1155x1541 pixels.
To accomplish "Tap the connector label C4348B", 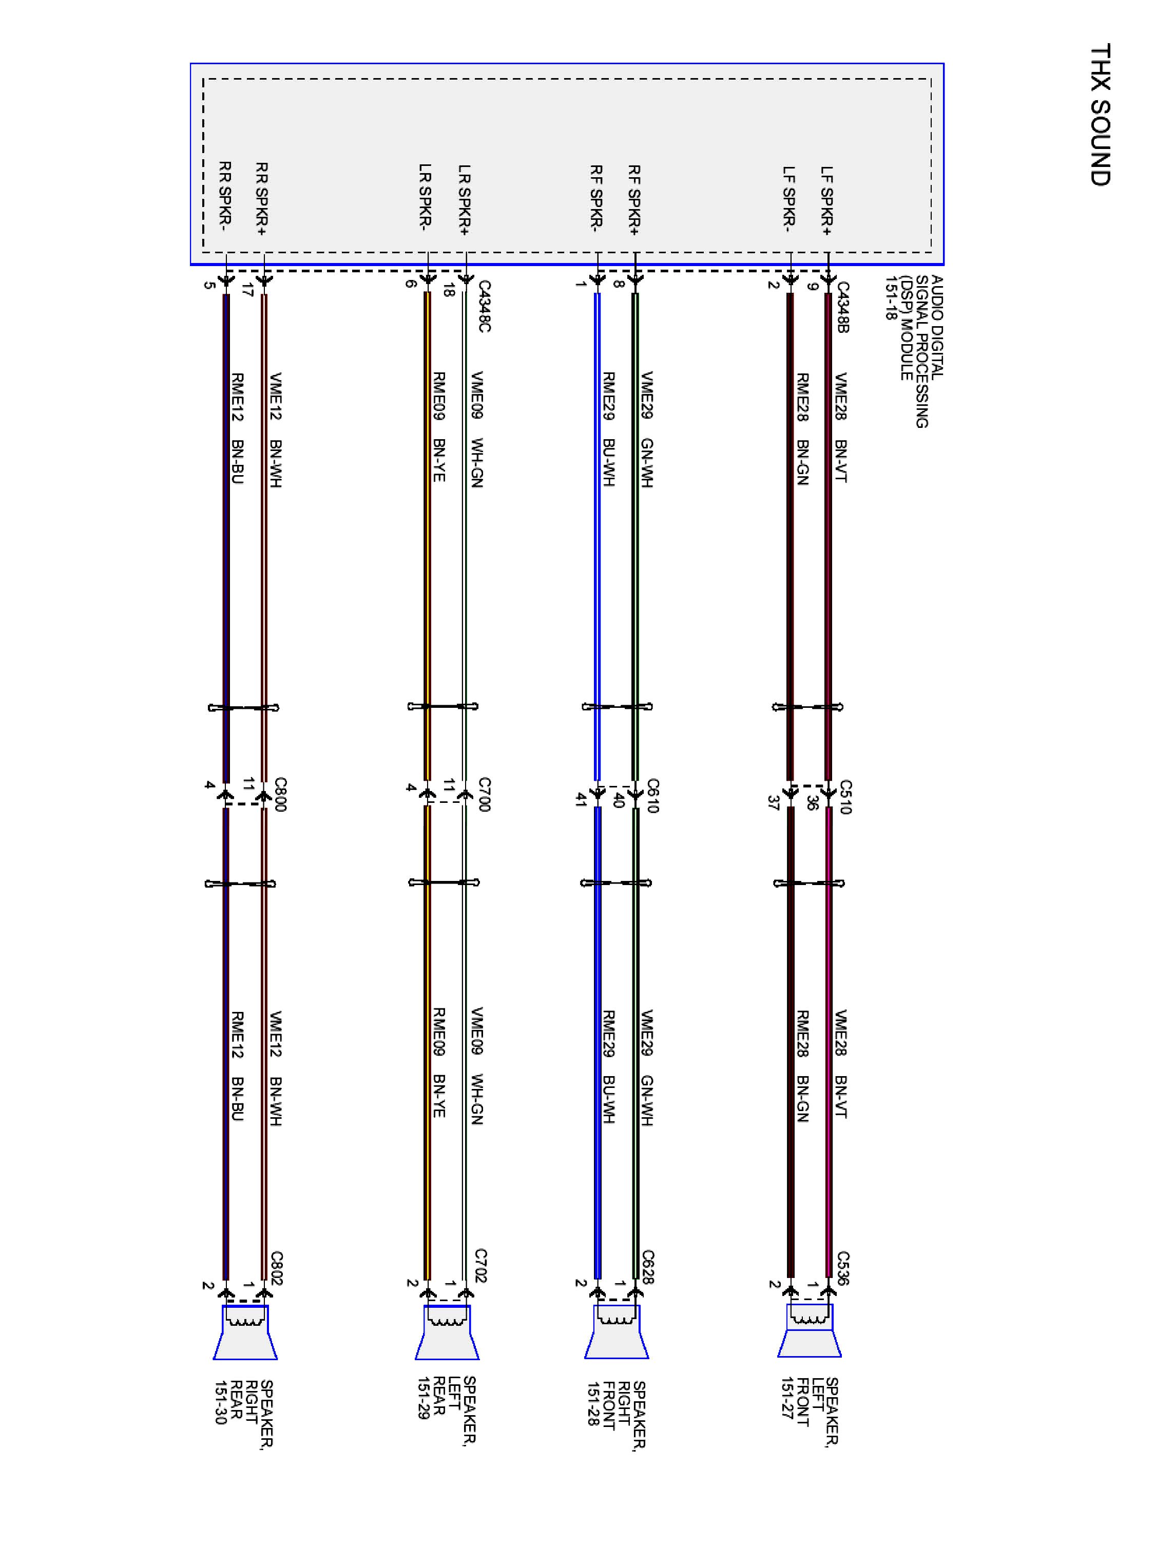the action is click(842, 307).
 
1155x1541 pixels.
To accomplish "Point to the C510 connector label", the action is click(844, 797).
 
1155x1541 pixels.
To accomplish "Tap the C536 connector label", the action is click(843, 1269).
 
